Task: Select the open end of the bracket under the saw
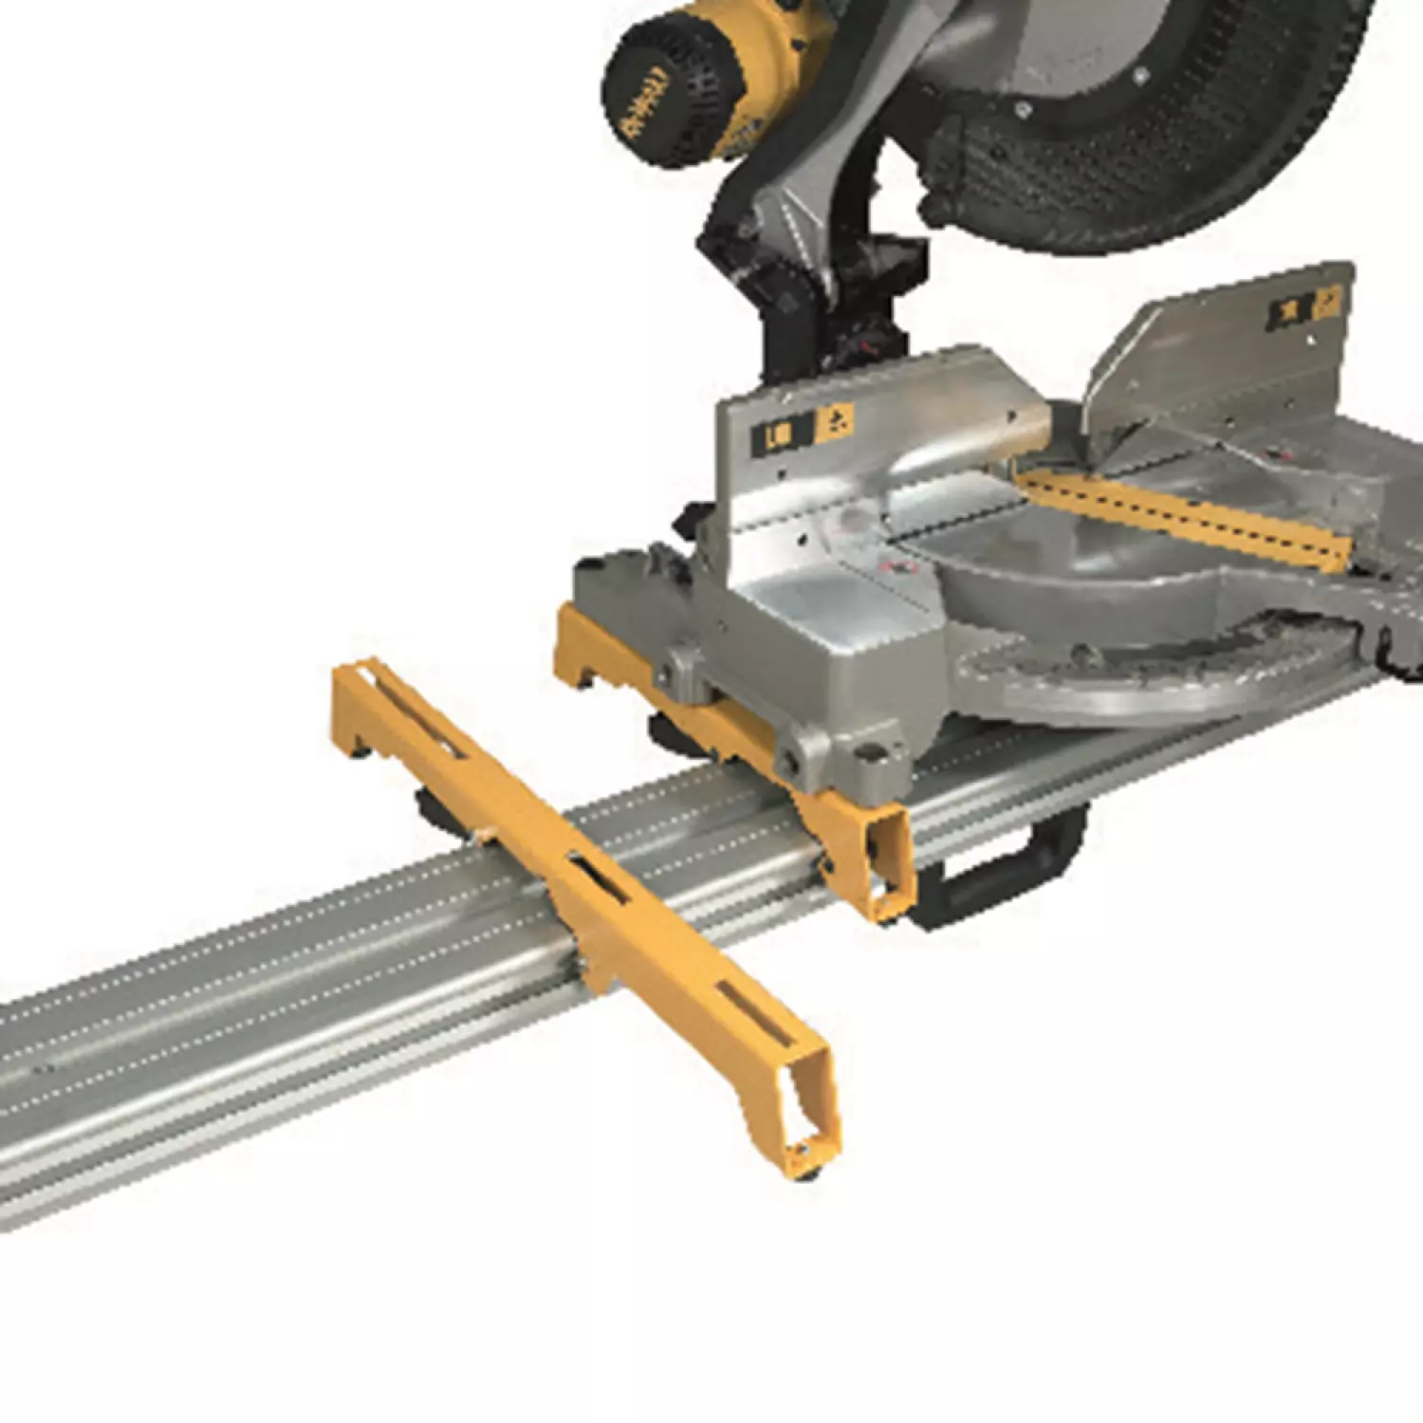pyautogui.click(x=882, y=863)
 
